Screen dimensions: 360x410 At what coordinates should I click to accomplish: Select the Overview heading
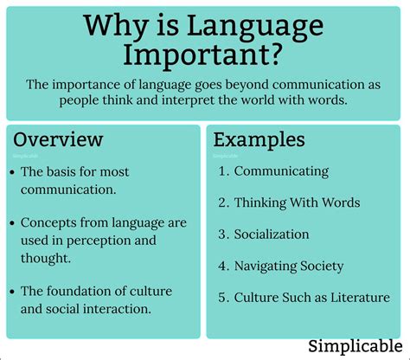tap(58, 139)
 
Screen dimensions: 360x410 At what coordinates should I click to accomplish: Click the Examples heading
tap(259, 139)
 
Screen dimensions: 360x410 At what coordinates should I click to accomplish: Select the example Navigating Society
tap(289, 267)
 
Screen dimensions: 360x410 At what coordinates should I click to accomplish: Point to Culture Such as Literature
tap(311, 298)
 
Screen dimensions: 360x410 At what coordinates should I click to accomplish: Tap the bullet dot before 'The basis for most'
tap(10, 172)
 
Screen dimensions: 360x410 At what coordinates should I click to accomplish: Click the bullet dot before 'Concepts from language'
tap(10, 223)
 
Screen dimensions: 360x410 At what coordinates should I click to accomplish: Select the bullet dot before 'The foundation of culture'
tap(10, 291)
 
